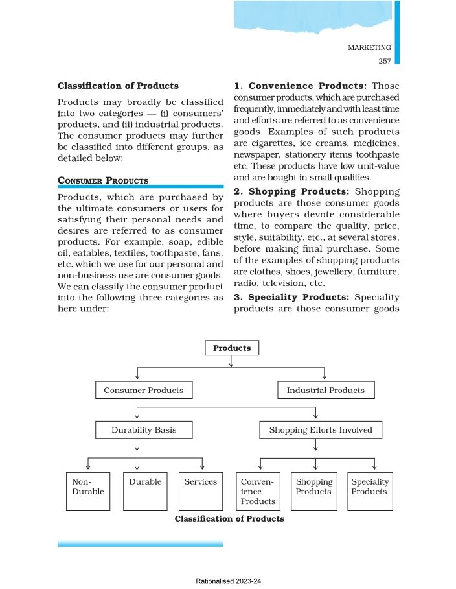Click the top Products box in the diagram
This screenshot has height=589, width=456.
coord(232,348)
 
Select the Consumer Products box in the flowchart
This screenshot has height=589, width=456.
coord(143,390)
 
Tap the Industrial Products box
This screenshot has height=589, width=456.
coord(325,390)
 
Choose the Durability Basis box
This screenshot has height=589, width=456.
coord(143,429)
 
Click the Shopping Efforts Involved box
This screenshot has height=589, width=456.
coord(321,429)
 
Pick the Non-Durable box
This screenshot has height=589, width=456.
coord(88,491)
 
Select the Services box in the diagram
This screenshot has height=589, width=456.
coord(201,491)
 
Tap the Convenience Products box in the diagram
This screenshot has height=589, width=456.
coord(258,491)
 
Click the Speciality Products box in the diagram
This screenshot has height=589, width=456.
coord(370,491)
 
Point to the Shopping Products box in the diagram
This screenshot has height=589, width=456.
coord(314,491)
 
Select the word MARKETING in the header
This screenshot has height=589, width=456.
coord(369,47)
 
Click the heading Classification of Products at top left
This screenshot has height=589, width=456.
coord(118,86)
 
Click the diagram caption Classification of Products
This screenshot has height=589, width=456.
coord(229,519)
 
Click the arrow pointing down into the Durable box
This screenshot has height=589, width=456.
coord(137,464)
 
